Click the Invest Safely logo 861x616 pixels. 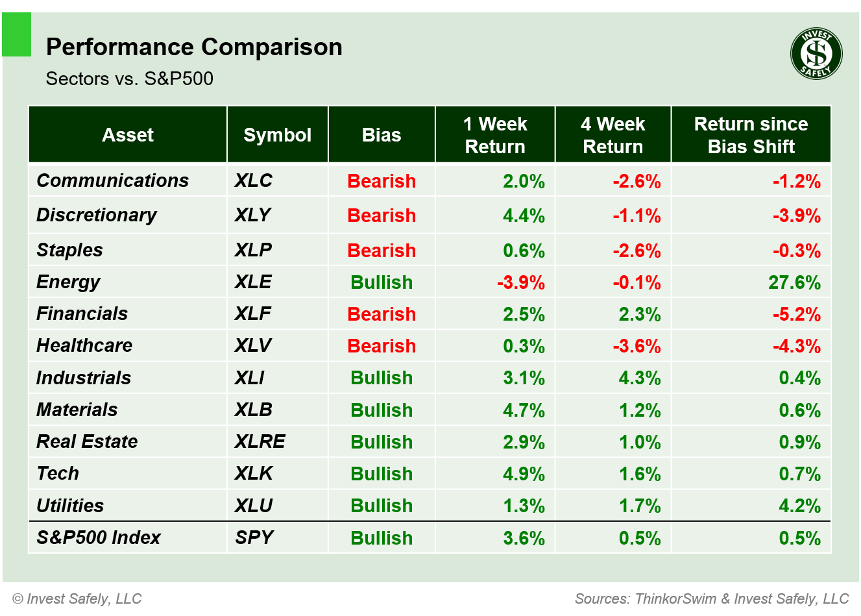tap(816, 54)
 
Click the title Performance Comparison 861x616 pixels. tap(194, 47)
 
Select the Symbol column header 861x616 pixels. tap(277, 135)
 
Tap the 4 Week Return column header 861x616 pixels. tap(612, 135)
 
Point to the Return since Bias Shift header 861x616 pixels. tap(751, 135)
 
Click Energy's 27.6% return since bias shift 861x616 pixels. tap(794, 282)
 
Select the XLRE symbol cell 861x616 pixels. tap(260, 441)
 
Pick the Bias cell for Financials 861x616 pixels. tap(382, 314)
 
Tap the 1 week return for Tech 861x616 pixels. tap(524, 474)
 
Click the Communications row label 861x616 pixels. tap(113, 180)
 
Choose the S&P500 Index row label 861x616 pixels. tap(99, 537)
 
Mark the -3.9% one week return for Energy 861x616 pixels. tap(521, 282)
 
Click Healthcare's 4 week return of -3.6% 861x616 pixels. tap(637, 346)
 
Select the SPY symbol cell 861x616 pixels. tap(254, 537)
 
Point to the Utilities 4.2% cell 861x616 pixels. tap(799, 506)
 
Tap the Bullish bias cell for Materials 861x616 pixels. tap(382, 410)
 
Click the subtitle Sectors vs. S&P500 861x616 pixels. tap(130, 79)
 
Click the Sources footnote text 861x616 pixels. tap(712, 598)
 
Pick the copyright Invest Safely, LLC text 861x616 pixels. tap(77, 598)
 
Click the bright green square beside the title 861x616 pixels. tap(17, 35)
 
